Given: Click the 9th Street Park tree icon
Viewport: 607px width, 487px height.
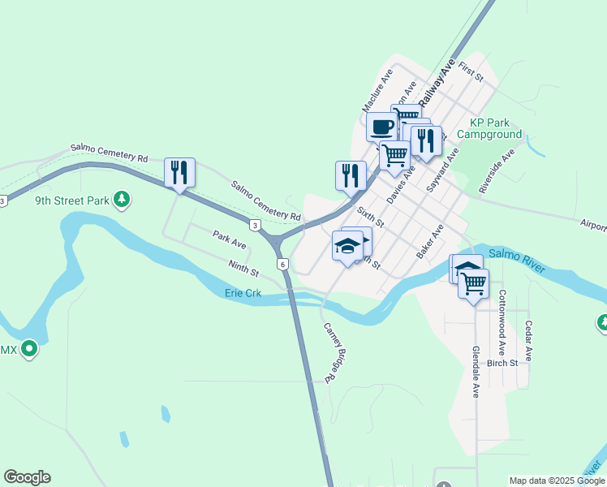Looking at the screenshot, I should pos(122,199).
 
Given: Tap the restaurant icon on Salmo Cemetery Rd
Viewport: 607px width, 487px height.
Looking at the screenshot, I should pos(179,172).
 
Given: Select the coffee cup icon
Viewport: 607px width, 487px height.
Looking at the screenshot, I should pos(382,127).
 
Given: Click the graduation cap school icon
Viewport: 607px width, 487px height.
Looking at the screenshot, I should pos(348,245).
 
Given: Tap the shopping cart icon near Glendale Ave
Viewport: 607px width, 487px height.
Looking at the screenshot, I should pos(473,284).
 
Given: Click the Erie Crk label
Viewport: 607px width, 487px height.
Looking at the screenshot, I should pos(243,293).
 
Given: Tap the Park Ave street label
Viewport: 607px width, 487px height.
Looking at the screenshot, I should pos(229,239).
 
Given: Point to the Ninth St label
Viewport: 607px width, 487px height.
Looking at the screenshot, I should pos(243,265).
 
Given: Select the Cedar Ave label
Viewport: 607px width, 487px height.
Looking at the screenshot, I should pos(528,341).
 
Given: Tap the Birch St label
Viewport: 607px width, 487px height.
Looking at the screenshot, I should pos(502,363).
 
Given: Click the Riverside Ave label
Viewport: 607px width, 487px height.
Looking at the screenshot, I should pos(497,170).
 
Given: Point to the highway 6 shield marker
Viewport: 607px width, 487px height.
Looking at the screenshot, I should pos(282,265).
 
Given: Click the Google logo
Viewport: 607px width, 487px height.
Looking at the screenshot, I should pos(27,477).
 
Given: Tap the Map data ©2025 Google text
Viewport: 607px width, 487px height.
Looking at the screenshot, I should pos(557,481).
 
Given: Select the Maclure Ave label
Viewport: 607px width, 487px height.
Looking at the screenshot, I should pos(377,90).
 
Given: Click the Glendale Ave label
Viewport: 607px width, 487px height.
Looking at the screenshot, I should pos(476,372).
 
